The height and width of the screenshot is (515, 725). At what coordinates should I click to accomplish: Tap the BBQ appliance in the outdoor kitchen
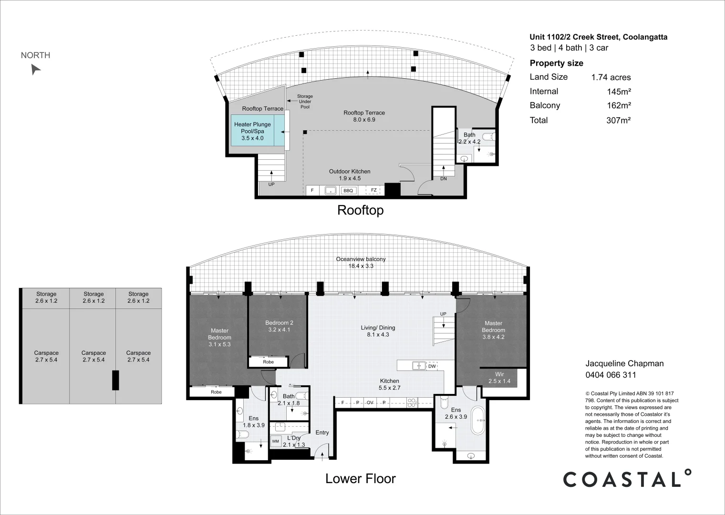click(x=348, y=191)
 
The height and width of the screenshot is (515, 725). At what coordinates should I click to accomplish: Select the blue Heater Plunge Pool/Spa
click(x=258, y=131)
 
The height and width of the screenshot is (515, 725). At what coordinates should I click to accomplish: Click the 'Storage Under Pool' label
click(x=305, y=102)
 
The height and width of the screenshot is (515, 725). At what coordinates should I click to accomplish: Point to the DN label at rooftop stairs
click(x=444, y=178)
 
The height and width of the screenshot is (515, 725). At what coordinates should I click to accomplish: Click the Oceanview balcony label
click(x=361, y=259)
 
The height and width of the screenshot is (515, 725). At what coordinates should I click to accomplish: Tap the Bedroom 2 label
click(x=279, y=322)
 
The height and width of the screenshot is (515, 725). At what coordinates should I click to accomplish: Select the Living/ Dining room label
click(x=378, y=328)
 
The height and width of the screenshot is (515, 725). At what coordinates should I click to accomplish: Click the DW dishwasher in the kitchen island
click(x=432, y=366)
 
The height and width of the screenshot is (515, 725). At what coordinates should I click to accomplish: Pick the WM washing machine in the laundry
click(x=275, y=441)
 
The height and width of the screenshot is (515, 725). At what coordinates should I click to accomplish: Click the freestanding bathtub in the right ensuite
click(x=478, y=420)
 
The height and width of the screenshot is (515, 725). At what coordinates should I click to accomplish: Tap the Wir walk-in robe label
click(x=499, y=374)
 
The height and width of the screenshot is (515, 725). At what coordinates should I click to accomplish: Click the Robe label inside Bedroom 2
click(x=269, y=361)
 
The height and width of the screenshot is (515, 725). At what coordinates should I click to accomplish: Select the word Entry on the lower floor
click(x=322, y=433)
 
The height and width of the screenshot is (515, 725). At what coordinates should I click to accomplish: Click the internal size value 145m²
click(x=619, y=92)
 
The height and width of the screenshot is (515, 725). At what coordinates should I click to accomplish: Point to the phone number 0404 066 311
click(x=611, y=375)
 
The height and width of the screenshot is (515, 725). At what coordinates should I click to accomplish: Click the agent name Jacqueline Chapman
click(x=625, y=364)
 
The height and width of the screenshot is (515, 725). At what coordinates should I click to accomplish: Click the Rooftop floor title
click(x=361, y=210)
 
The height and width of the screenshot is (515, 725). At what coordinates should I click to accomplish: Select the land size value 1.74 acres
click(x=611, y=77)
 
